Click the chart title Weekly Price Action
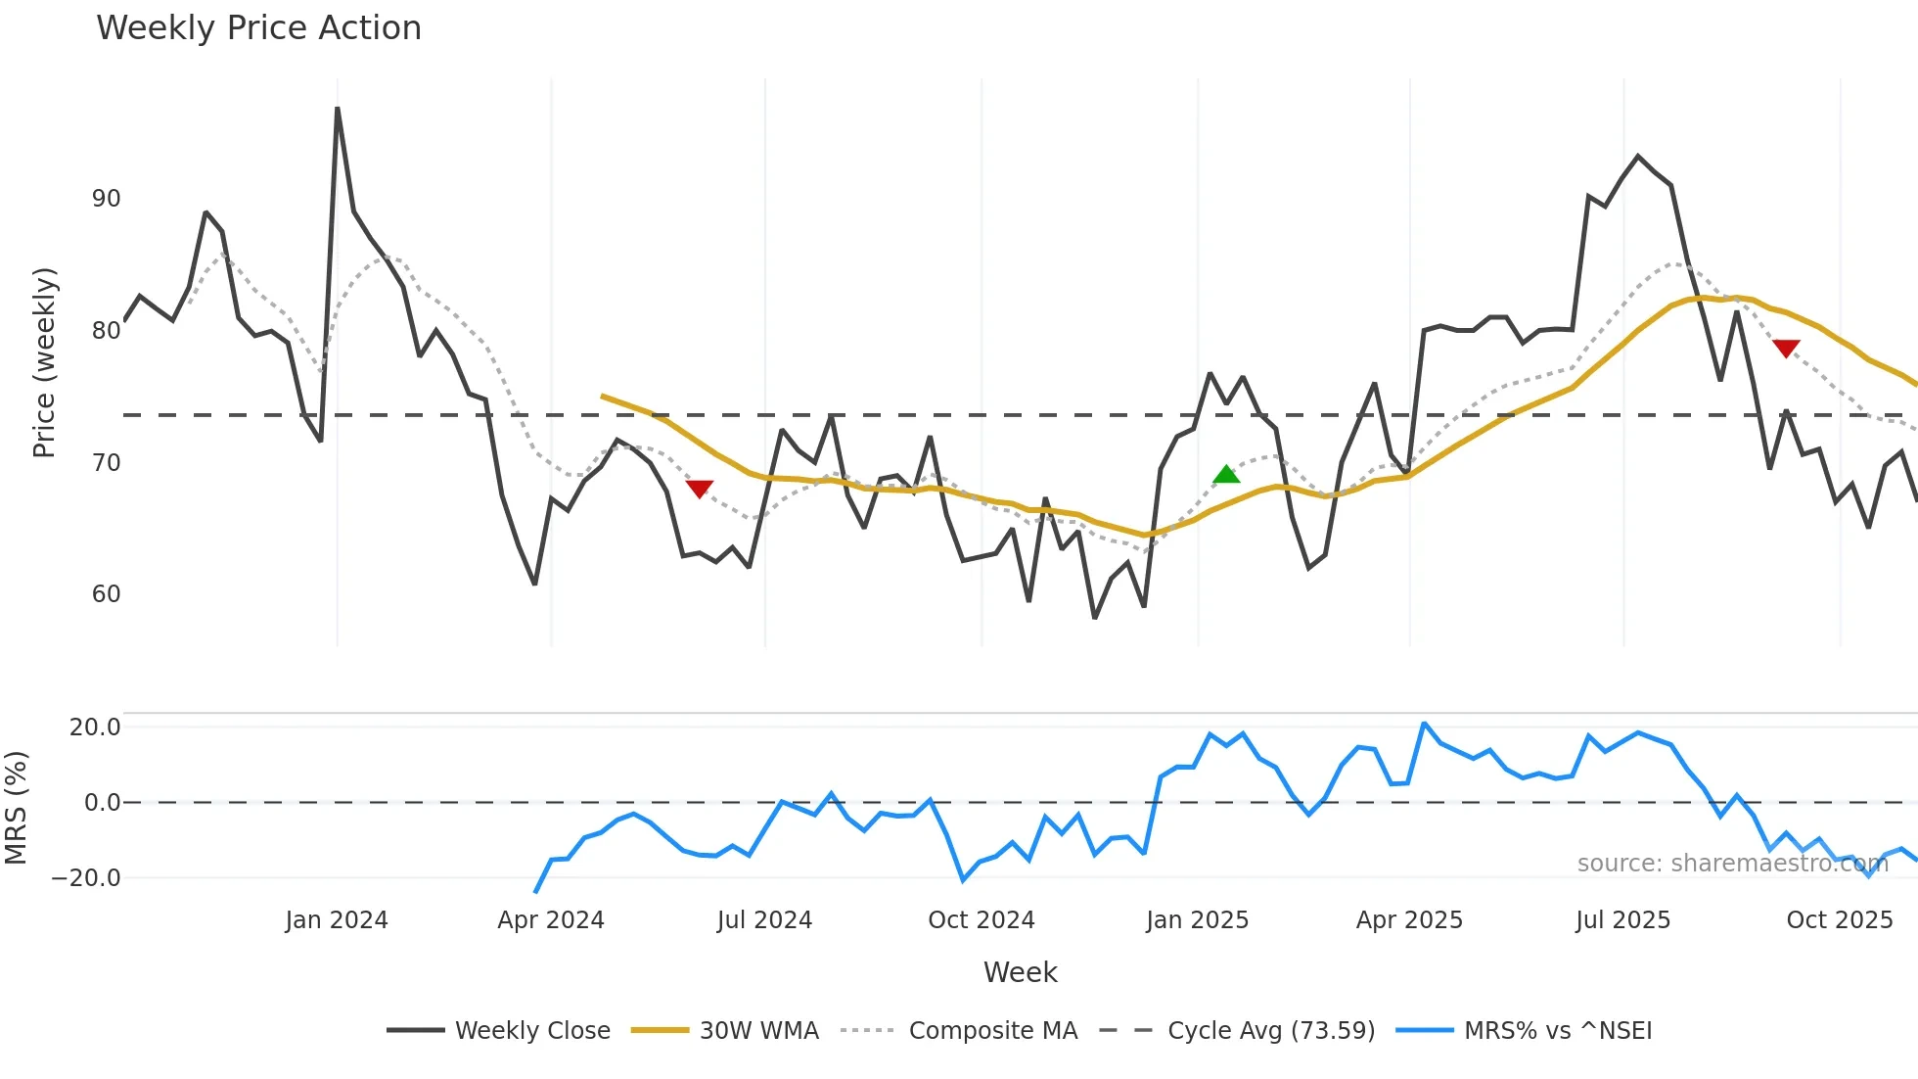point(258,28)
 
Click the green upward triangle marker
point(1226,475)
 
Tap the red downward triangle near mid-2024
point(700,489)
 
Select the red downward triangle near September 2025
point(1786,349)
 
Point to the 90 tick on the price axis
point(106,199)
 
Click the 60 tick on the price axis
point(106,594)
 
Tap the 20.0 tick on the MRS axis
point(95,727)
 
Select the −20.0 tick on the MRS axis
point(86,878)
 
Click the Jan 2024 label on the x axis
point(337,920)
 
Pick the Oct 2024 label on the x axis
point(981,920)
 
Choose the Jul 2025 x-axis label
point(1622,920)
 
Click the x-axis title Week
point(1020,972)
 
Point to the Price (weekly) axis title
point(45,362)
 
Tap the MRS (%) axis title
point(16,808)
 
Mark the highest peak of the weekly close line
point(338,109)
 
